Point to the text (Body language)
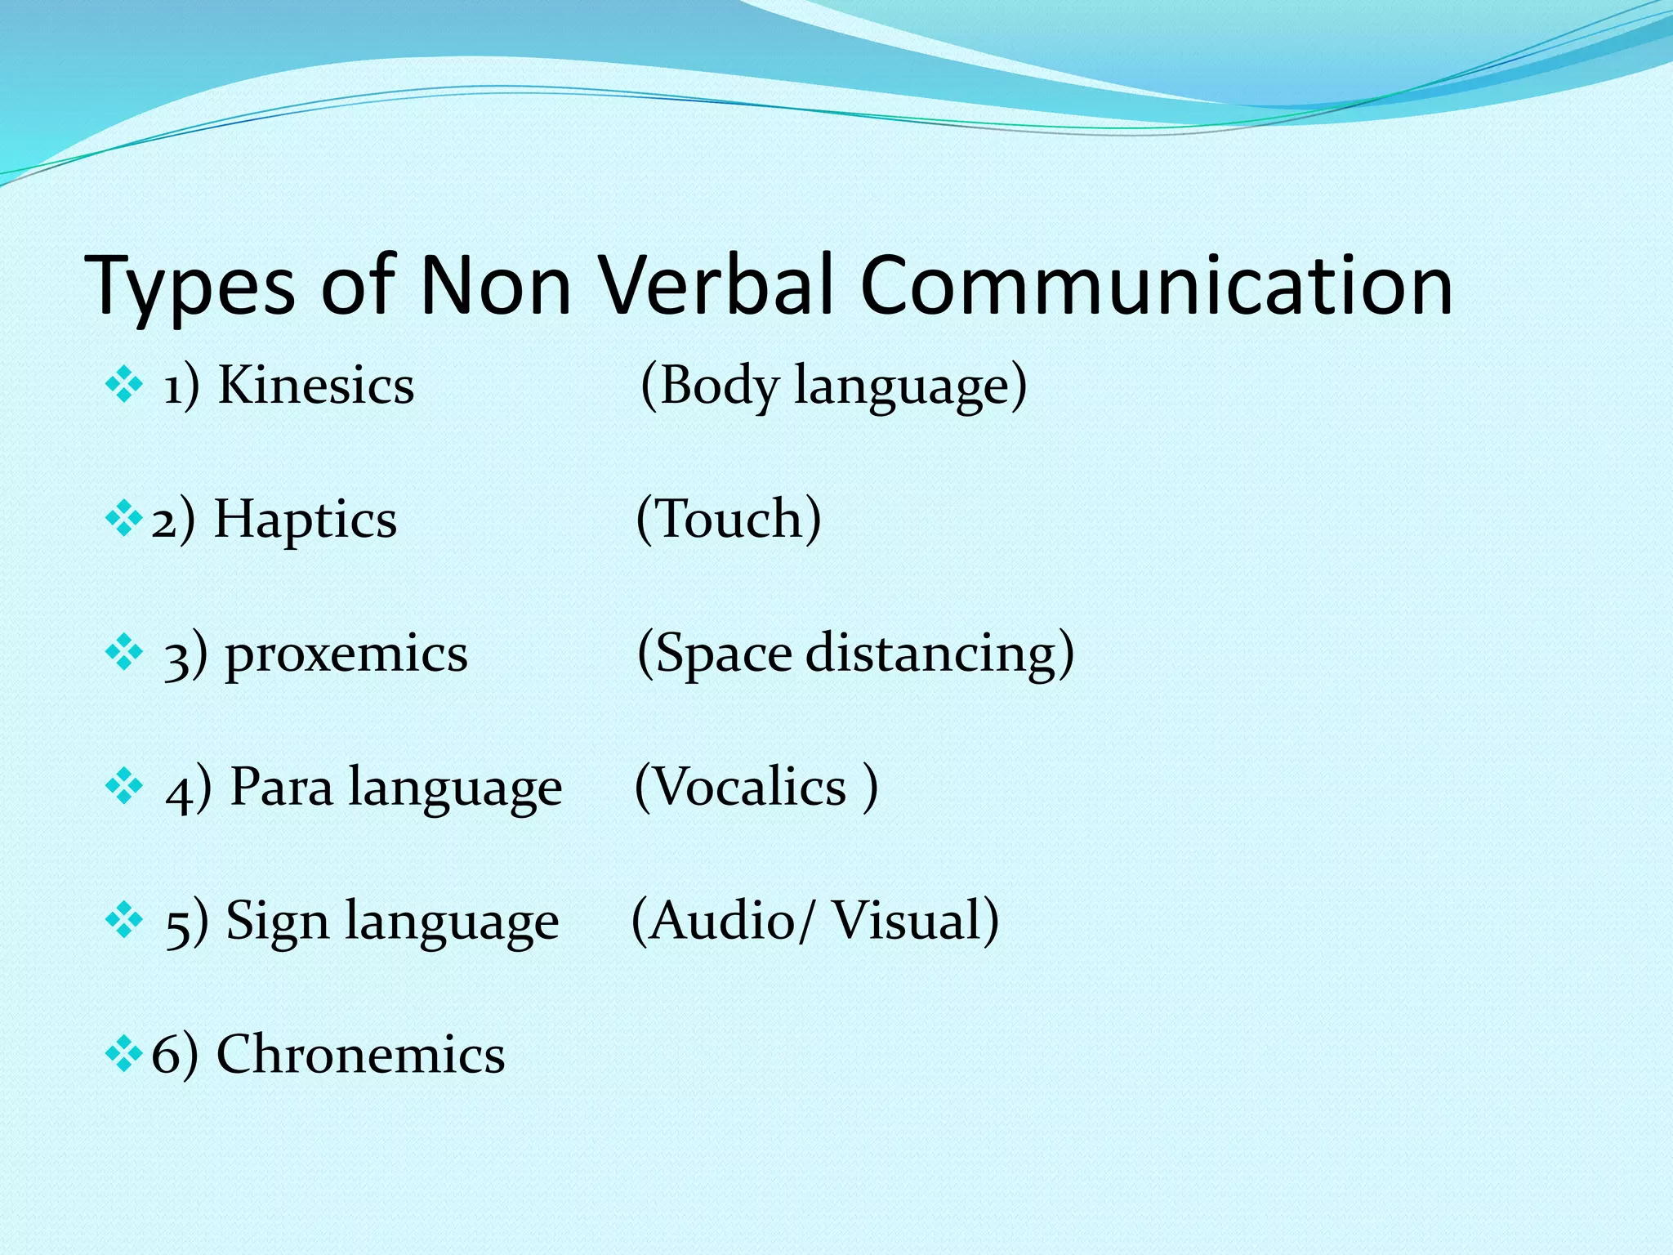pos(833,386)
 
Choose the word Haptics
pos(305,520)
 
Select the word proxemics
pos(346,654)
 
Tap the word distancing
pos(939,654)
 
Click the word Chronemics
pos(360,1054)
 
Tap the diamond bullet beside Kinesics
pos(124,385)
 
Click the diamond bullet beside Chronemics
pos(124,1054)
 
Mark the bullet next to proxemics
pos(124,653)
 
